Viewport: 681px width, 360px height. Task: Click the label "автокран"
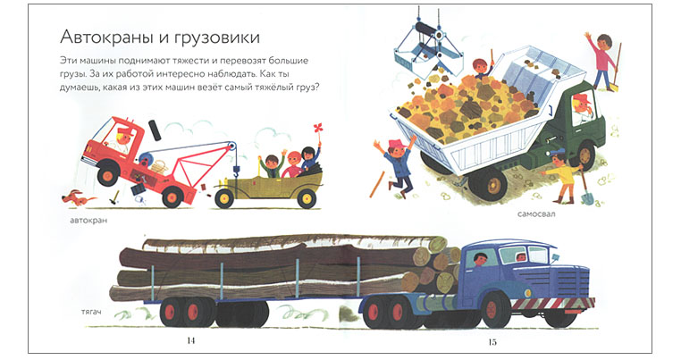[x=88, y=221]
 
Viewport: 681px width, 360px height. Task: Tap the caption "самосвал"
[x=536, y=213]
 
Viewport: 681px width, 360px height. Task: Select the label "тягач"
[x=91, y=312]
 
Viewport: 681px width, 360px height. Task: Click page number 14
[x=190, y=340]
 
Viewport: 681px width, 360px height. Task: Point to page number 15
[x=492, y=342]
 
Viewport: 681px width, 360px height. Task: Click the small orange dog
[x=78, y=198]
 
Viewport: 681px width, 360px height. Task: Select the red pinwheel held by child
[x=318, y=130]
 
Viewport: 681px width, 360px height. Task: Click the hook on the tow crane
[x=237, y=172]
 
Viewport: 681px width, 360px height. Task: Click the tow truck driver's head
[x=123, y=137]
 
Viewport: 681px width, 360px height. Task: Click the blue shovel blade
[x=587, y=197]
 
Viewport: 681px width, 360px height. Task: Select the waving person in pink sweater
[x=602, y=60]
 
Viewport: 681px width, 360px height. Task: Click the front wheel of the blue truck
[x=492, y=310]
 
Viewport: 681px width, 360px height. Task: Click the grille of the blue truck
[x=572, y=282]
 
